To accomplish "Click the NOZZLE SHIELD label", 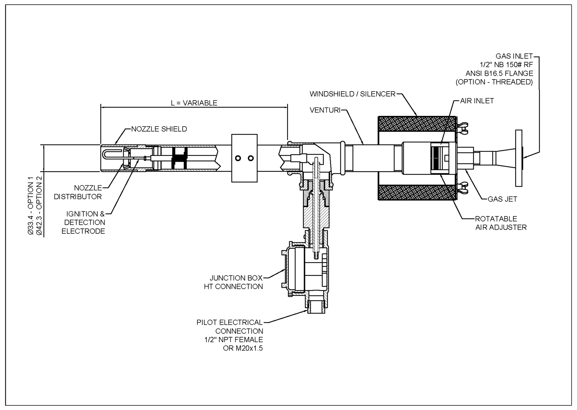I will click(x=159, y=129).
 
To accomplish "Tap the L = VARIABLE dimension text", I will click(x=194, y=103).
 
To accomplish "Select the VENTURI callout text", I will click(x=325, y=110).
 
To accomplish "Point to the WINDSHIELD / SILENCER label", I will click(x=352, y=94).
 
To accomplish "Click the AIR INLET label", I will click(x=477, y=101).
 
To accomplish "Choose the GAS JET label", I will click(x=502, y=199).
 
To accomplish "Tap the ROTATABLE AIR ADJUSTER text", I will click(x=501, y=223).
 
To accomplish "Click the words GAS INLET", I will click(x=514, y=56).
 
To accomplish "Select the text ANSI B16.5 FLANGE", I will click(x=499, y=73).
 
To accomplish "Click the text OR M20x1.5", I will click(x=243, y=349).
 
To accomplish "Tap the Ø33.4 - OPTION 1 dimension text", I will click(x=31, y=206).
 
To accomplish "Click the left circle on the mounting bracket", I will click(x=238, y=158).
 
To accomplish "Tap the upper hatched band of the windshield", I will click(x=417, y=124).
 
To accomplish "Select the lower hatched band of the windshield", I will click(x=417, y=193).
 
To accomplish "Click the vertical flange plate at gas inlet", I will click(x=518, y=158).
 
